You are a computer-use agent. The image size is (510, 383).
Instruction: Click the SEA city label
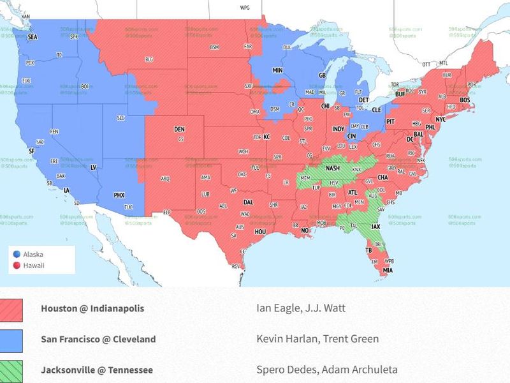[x=32, y=37]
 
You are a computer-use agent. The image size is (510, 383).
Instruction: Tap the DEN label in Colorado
[x=179, y=130]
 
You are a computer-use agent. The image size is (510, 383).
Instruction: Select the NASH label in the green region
[x=333, y=168]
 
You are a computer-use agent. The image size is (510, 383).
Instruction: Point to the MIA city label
[x=387, y=270]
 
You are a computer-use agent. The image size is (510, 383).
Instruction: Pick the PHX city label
[x=119, y=195]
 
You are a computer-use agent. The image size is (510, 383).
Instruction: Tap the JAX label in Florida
[x=375, y=227]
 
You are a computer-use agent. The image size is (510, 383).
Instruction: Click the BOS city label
[x=465, y=100]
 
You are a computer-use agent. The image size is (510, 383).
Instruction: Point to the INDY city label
[x=338, y=129]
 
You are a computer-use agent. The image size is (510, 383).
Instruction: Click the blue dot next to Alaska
[x=16, y=254]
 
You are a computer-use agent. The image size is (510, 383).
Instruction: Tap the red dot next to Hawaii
[x=16, y=266]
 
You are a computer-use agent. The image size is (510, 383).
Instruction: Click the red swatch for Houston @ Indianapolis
[x=11, y=310]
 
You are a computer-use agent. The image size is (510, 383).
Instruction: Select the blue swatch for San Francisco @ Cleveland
[x=11, y=341]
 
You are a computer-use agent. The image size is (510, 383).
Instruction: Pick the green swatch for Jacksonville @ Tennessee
[x=11, y=371]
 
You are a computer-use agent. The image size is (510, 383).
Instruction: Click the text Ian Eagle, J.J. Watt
[x=300, y=308]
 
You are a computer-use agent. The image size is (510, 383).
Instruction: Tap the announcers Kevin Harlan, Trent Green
[x=317, y=339]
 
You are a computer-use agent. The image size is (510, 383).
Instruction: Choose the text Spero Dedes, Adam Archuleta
[x=326, y=370]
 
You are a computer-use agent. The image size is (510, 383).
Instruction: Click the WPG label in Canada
[x=245, y=8]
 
